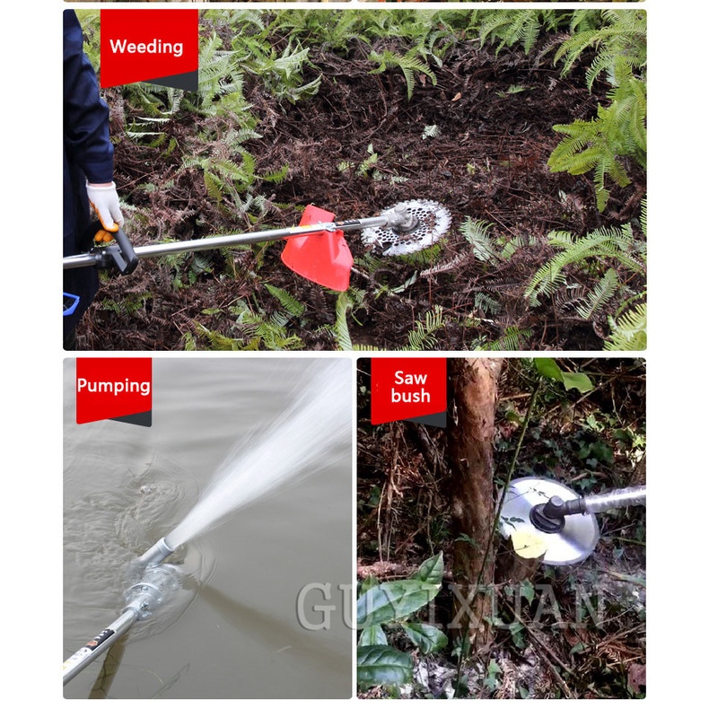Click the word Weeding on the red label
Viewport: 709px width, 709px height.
(x=146, y=47)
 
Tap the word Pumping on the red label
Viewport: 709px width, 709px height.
(x=113, y=386)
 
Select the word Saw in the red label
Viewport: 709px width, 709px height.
(x=410, y=378)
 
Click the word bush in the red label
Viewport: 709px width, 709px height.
(x=410, y=396)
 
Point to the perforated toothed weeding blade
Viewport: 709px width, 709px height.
(x=407, y=228)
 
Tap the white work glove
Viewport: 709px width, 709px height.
(x=105, y=206)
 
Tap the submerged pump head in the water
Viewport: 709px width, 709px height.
(x=153, y=588)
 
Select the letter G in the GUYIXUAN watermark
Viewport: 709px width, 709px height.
(x=317, y=606)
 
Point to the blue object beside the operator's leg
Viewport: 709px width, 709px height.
(x=71, y=303)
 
